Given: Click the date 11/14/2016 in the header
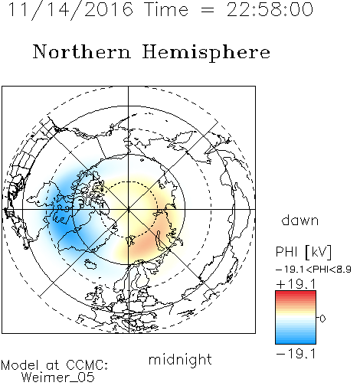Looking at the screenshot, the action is click(70, 9).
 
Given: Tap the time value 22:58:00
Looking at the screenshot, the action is click(270, 9).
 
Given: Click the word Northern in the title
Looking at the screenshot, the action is click(81, 51).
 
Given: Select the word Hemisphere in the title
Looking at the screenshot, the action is click(206, 52).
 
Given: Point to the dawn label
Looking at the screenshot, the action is click(300, 220).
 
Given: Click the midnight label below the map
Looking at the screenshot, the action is click(180, 359).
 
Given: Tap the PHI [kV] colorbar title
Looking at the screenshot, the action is click(303, 252).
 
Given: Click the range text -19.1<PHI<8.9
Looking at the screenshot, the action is click(313, 270).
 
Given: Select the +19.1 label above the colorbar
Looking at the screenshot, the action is click(296, 283).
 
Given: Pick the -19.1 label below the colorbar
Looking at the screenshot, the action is click(296, 354).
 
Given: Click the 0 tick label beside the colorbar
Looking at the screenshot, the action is click(322, 319).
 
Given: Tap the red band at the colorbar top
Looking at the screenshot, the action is click(296, 294).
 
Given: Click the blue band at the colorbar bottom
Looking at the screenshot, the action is click(296, 339).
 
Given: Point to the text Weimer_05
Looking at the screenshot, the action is click(58, 377).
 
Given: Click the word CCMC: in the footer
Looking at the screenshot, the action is click(87, 365).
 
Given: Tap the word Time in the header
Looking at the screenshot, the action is click(166, 9).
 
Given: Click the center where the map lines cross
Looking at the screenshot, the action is click(129, 209).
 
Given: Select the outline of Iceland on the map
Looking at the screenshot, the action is click(90, 264).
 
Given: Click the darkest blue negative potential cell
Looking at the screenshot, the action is click(64, 227).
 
